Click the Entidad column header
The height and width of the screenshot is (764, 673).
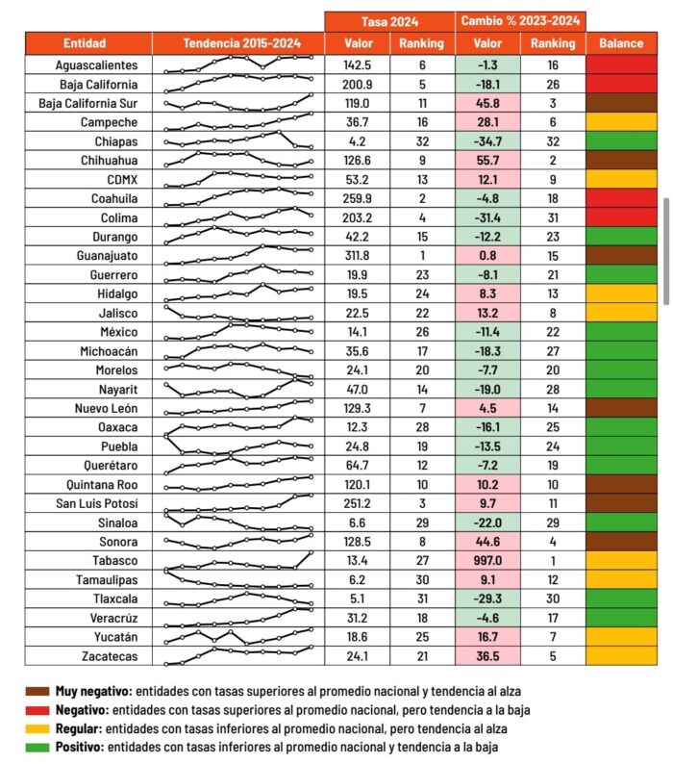[85, 43]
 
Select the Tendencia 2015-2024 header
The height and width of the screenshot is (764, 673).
[238, 43]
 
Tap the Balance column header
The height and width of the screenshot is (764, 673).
[621, 43]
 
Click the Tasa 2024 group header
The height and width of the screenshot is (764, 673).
[389, 21]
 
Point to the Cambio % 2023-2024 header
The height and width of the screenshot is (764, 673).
[520, 21]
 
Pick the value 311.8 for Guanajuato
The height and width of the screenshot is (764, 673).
[357, 256]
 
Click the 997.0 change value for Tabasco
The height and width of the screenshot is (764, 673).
[488, 560]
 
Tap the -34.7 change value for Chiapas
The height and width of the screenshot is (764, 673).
[488, 141]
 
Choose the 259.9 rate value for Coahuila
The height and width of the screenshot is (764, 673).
[357, 199]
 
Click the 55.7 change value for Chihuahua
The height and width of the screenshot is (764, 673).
[488, 161]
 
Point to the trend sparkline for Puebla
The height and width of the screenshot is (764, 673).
[238, 446]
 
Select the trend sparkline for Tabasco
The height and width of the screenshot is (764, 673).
[238, 560]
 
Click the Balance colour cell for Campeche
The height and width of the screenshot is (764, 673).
[621, 122]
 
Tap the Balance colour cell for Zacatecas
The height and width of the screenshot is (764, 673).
[621, 655]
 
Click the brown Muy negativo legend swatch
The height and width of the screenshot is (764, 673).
[37, 691]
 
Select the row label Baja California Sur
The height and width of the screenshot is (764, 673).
[87, 103]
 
